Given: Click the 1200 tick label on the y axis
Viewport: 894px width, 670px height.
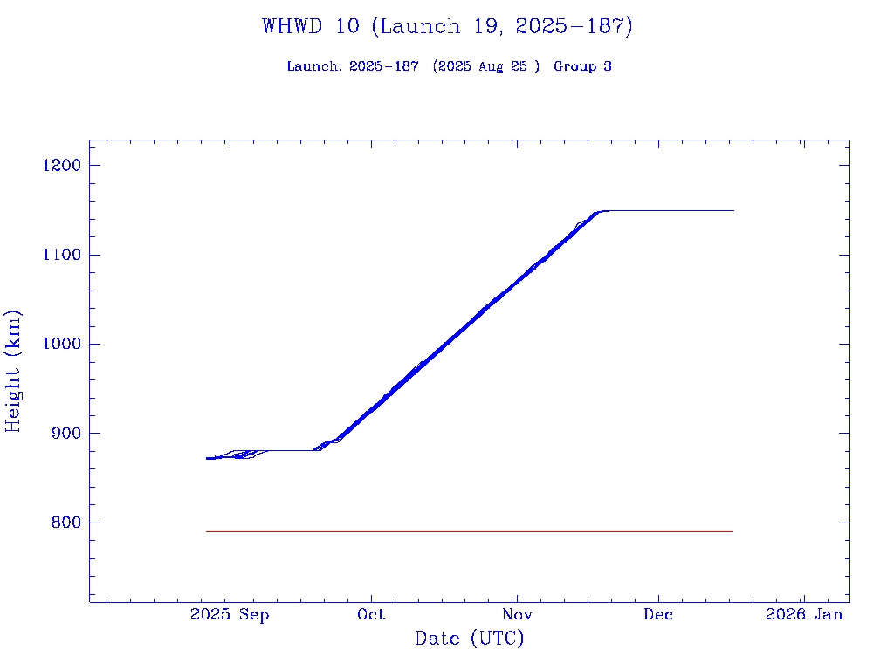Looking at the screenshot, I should (60, 166).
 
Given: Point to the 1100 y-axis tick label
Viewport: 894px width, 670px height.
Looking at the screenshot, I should (60, 255).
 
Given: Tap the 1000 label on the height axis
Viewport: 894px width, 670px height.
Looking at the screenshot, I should (60, 344).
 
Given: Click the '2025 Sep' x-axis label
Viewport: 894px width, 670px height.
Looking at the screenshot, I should (230, 614).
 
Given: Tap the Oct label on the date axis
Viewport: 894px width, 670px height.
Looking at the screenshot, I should (371, 614).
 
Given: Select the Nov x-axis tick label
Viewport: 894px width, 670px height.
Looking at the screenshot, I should (517, 614).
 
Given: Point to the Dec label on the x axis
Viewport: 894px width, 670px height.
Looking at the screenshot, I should (658, 614).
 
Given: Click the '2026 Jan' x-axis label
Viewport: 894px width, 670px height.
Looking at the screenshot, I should (804, 614).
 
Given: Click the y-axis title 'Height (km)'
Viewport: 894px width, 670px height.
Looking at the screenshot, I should (14, 371).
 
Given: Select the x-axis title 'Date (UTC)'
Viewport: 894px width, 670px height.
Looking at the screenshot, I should (470, 639).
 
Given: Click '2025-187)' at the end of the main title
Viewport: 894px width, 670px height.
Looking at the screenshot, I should (574, 26).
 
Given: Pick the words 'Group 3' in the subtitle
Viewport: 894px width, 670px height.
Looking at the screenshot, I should (582, 66).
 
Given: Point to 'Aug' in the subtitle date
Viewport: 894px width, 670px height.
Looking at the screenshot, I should (492, 66).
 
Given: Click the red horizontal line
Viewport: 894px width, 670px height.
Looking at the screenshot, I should (470, 531).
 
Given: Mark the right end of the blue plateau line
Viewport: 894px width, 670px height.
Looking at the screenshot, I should (732, 210).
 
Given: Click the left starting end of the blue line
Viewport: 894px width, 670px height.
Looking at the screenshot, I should (208, 458).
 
